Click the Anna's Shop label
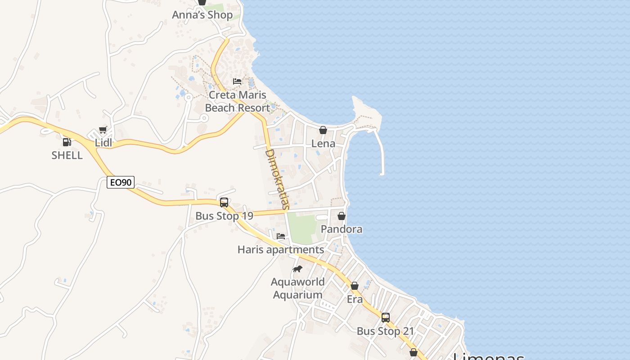[202, 15]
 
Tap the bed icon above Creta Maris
[237, 81]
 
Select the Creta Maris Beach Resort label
[237, 102]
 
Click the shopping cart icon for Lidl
[103, 130]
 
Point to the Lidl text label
[103, 143]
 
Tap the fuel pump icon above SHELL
[67, 142]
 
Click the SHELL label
[67, 155]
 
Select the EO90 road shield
[121, 182]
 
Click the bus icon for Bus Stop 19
[224, 202]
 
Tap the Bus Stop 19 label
[224, 216]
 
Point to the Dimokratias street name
[277, 179]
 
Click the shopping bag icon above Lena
[323, 130]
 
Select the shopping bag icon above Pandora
[342, 216]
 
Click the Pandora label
[342, 229]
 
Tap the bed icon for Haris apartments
[281, 236]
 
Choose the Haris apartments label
[281, 250]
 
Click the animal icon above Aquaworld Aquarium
[297, 269]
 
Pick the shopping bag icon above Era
[355, 286]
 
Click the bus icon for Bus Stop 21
[386, 318]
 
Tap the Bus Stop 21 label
[385, 332]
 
